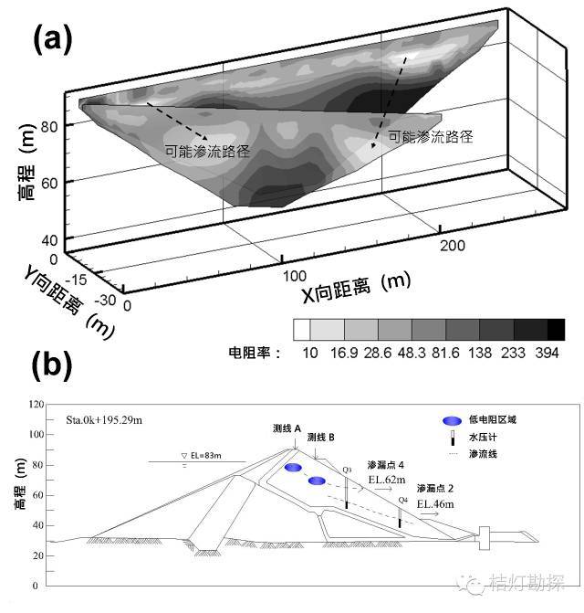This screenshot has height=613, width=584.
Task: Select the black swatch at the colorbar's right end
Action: pyautogui.click(x=555, y=330)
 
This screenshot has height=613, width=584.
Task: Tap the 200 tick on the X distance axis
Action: pyautogui.click(x=453, y=246)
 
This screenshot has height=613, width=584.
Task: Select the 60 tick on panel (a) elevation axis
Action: pyautogui.click(x=47, y=182)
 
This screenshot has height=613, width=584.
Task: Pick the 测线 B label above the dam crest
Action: pyautogui.click(x=322, y=437)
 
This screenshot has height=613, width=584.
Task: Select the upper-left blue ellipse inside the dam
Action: pyautogui.click(x=293, y=469)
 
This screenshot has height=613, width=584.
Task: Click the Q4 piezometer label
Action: pyautogui.click(x=402, y=500)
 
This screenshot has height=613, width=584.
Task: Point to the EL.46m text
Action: pyautogui.click(x=435, y=504)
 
